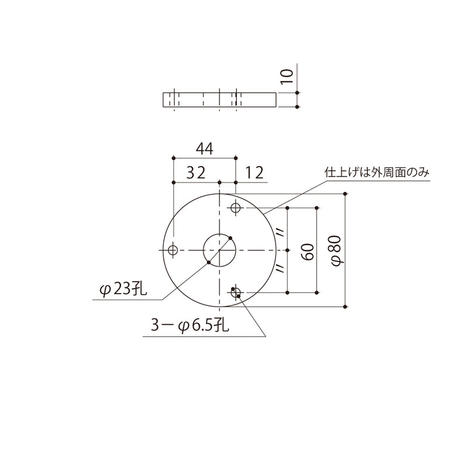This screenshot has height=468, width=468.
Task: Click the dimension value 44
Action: point(204,149)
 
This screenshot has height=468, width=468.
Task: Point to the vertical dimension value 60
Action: point(309,250)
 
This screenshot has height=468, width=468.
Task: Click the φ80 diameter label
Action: point(336,250)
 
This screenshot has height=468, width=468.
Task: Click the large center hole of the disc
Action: point(219,250)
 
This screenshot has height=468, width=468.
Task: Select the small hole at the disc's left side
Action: point(173,250)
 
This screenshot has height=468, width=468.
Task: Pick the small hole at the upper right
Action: point(236,208)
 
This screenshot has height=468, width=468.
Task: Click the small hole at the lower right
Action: point(236,293)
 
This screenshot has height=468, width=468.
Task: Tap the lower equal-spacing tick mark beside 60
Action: point(280,269)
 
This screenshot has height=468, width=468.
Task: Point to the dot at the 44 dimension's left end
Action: point(174,158)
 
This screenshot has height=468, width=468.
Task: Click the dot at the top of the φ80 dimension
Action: point(346,194)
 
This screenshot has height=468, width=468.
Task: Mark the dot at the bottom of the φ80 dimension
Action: point(346,306)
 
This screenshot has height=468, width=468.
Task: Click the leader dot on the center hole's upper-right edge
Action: point(231,238)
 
